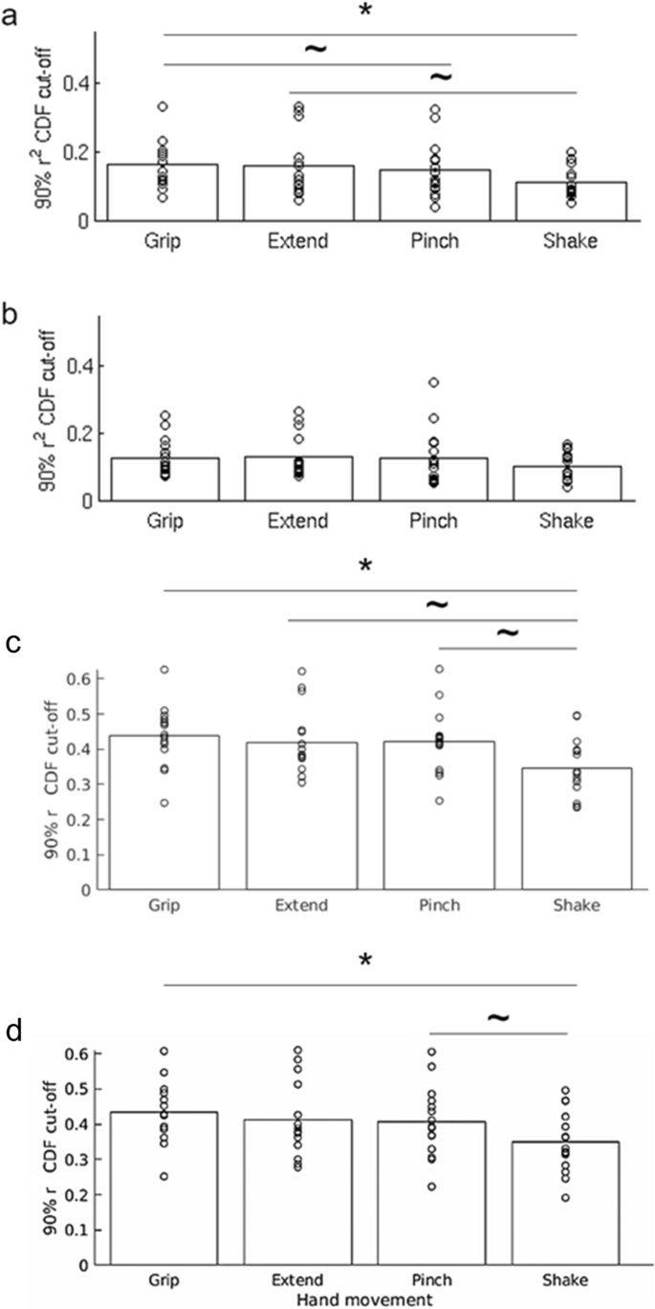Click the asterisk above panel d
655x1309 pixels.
coord(364,962)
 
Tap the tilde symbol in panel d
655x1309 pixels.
coord(498,1017)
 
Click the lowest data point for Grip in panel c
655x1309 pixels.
coord(164,802)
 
